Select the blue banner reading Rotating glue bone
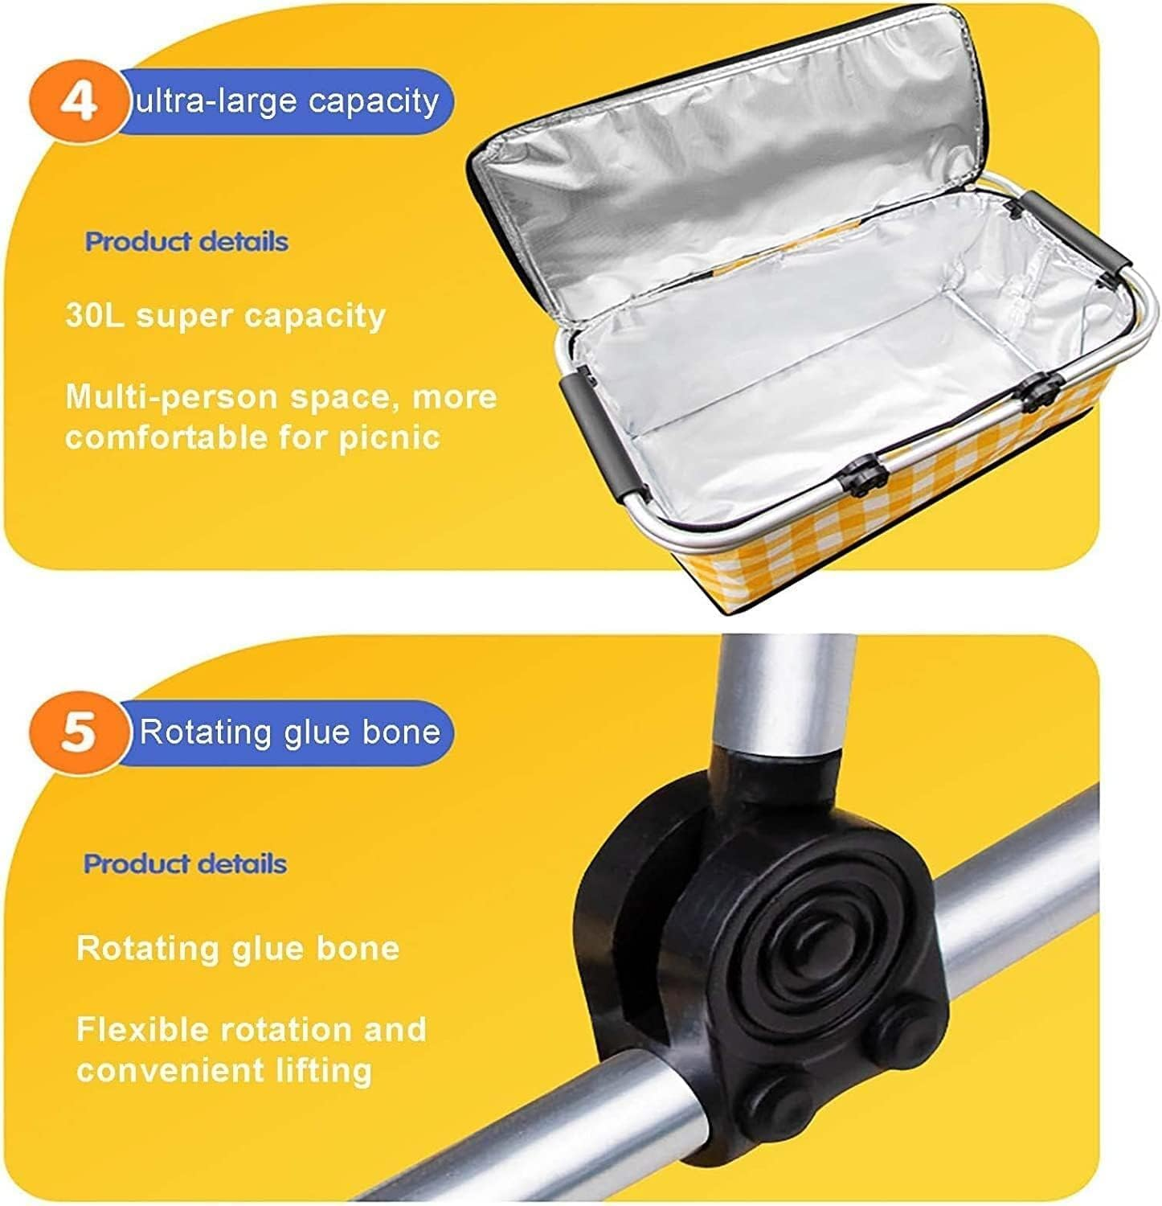pos(289,732)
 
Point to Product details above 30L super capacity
pos(186,241)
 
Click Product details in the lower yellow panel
pos(185,863)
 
